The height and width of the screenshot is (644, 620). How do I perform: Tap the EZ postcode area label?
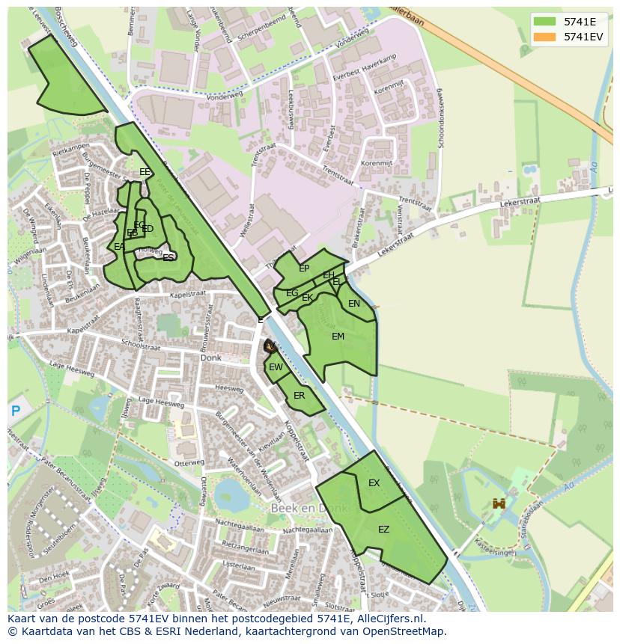pos(383,530)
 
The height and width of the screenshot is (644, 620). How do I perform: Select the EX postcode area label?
pos(374,483)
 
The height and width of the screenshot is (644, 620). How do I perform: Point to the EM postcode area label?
pos(338,337)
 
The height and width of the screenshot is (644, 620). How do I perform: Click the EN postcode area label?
pos(354,304)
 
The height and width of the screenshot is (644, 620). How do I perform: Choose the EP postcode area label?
pos(304,269)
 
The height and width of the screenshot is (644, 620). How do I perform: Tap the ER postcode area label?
pos(299,396)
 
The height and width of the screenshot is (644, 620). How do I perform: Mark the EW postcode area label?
pos(276,367)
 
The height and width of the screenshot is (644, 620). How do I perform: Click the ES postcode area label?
pos(168,257)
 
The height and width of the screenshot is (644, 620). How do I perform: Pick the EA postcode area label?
pos(119,247)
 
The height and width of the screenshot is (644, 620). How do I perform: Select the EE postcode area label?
pos(145,172)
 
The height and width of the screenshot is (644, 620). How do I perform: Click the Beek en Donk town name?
pos(309,509)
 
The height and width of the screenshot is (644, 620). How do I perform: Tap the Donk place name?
pos(211,358)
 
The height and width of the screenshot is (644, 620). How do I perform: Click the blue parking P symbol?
pos(16,410)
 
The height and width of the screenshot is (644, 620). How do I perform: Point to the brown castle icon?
pos(498,504)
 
